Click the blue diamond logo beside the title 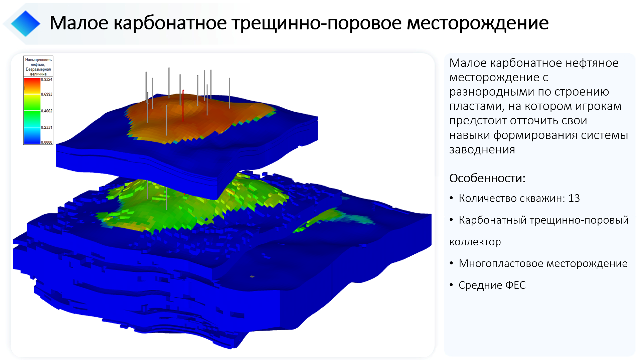(x=25, y=23)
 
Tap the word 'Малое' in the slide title (x=79, y=23)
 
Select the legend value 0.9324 (x=46, y=80)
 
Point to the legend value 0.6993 (x=46, y=94)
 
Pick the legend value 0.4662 (x=46, y=111)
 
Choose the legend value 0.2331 (x=46, y=127)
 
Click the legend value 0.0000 (x=46, y=142)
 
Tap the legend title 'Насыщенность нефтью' (x=38, y=62)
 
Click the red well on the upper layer (x=183, y=105)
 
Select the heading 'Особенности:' (x=487, y=178)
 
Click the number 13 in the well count (x=574, y=198)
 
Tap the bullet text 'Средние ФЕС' (x=492, y=285)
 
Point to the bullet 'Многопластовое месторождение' (x=543, y=263)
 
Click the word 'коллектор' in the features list (x=475, y=242)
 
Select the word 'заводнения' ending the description (x=482, y=150)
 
